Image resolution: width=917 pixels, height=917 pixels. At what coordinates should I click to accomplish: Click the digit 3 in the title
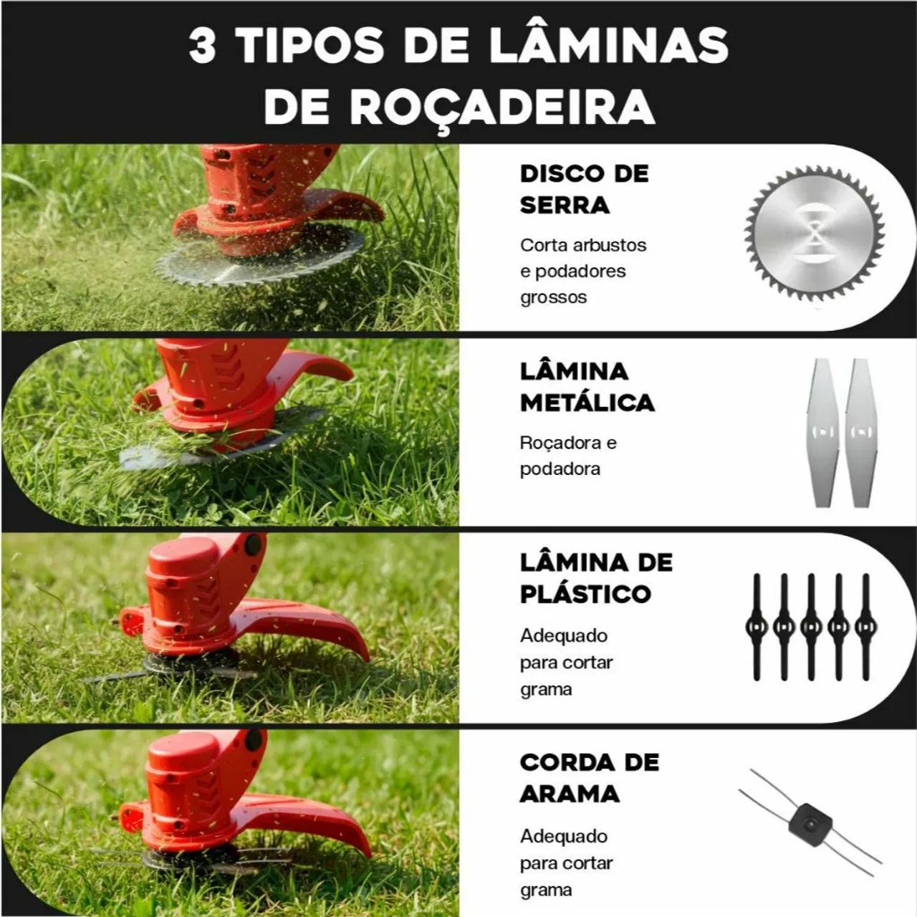[203, 47]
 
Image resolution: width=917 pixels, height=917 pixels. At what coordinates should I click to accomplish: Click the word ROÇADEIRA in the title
[502, 107]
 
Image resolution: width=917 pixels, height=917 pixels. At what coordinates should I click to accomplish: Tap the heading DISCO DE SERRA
[584, 189]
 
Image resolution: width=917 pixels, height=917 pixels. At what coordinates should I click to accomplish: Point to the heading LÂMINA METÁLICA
[587, 387]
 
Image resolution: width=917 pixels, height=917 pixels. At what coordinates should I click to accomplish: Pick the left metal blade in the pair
[824, 432]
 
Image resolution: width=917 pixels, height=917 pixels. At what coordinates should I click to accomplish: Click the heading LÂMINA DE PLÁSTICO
[596, 577]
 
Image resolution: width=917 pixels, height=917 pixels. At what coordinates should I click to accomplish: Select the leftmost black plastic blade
[757, 627]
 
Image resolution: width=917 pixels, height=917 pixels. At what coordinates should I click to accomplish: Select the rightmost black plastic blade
[865, 627]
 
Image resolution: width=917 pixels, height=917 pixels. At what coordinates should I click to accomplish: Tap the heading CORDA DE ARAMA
[589, 777]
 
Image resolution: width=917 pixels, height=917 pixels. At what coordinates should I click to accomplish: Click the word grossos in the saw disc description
[553, 297]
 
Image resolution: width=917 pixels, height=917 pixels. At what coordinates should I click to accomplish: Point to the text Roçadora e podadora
[567, 456]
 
